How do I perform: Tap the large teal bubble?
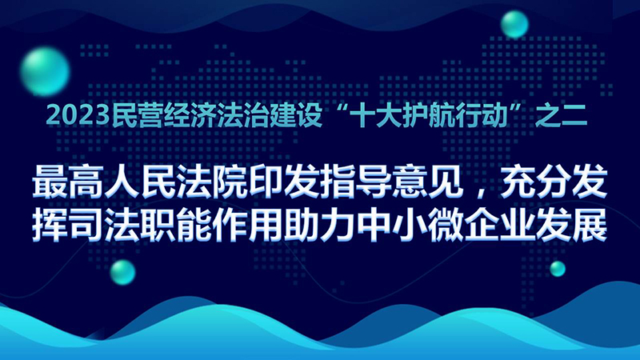[45, 72]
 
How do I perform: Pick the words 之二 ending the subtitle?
[562, 116]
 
